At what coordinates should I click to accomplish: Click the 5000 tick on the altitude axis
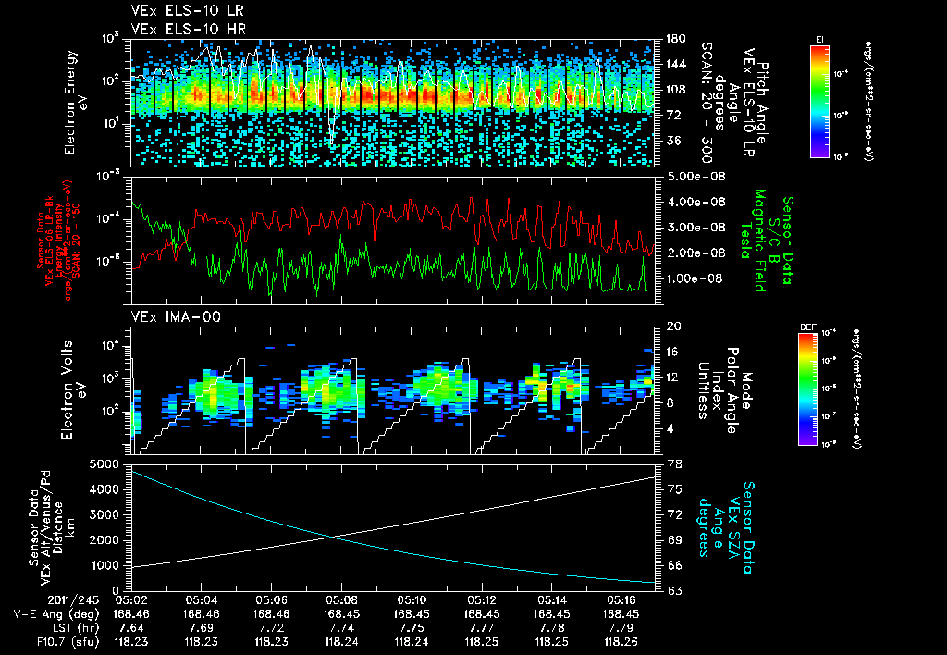tap(109, 463)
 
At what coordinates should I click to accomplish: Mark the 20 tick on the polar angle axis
tap(672, 327)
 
